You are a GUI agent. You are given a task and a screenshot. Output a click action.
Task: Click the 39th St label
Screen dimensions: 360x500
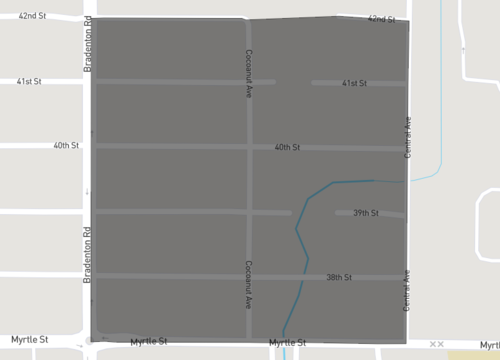[366, 213]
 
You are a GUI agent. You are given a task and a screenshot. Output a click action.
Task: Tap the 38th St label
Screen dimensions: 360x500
[339, 277]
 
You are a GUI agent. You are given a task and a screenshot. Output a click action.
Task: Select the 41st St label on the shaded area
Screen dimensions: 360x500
[354, 84]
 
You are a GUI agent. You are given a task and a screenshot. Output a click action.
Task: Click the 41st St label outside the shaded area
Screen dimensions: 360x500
[29, 81]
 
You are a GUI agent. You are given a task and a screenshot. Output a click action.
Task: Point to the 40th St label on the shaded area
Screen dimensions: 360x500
[287, 147]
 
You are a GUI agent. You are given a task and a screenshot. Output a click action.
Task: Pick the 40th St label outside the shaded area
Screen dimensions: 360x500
[66, 145]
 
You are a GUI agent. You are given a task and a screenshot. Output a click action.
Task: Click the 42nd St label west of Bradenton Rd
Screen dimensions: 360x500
[32, 16]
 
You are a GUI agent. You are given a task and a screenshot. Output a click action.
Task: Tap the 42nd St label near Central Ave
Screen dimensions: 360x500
[381, 19]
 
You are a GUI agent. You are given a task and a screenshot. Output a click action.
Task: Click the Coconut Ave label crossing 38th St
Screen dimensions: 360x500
[248, 284]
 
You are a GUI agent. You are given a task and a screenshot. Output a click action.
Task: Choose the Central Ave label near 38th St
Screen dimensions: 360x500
[407, 291]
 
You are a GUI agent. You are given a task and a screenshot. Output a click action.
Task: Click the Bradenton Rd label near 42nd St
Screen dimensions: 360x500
[88, 44]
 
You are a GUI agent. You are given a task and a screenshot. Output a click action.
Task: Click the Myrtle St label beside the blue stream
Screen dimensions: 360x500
[287, 343]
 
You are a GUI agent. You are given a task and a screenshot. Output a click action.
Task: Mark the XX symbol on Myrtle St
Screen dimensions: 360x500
[436, 344]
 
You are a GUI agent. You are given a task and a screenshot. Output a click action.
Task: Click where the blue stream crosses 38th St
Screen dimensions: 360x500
[305, 277]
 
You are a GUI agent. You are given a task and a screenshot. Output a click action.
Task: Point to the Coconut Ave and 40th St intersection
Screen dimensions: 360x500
[249, 147]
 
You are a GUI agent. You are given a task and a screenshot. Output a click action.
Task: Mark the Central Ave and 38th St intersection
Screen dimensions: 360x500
[406, 277]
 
